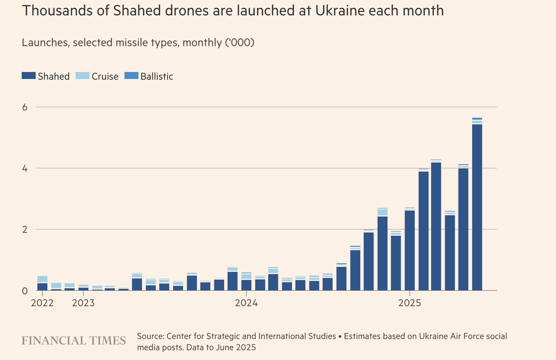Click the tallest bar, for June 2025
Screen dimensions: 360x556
pyautogui.click(x=477, y=206)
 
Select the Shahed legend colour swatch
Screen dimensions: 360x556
pyautogui.click(x=29, y=76)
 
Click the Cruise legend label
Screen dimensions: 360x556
pyautogui.click(x=105, y=77)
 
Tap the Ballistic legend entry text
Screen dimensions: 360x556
pyautogui.click(x=157, y=77)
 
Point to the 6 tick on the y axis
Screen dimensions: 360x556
pyautogui.click(x=25, y=107)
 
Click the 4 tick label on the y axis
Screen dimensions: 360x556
pyautogui.click(x=25, y=168)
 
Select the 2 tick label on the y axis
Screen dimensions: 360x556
pyautogui.click(x=25, y=230)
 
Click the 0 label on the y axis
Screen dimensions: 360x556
pyautogui.click(x=25, y=291)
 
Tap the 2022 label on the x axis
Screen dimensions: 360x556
pyautogui.click(x=42, y=303)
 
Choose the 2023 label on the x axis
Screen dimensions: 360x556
pyautogui.click(x=83, y=303)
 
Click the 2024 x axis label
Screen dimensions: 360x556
pyautogui.click(x=247, y=303)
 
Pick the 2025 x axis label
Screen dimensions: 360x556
pyautogui.click(x=410, y=303)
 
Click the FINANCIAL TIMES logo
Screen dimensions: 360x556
pyautogui.click(x=74, y=340)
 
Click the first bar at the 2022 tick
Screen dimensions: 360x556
pyautogui.click(x=42, y=287)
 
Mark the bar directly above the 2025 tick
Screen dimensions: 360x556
pyautogui.click(x=410, y=250)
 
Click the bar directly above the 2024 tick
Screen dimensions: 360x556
pyautogui.click(x=247, y=285)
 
